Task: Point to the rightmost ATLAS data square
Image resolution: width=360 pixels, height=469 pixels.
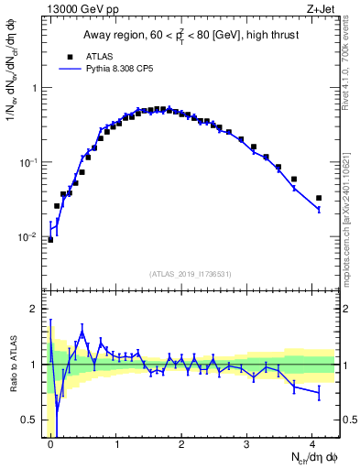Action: (x=319, y=198)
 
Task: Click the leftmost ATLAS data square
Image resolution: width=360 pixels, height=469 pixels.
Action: (x=50, y=239)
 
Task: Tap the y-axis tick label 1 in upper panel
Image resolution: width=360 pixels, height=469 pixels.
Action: (x=34, y=88)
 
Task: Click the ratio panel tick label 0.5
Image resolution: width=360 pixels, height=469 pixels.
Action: (x=29, y=420)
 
